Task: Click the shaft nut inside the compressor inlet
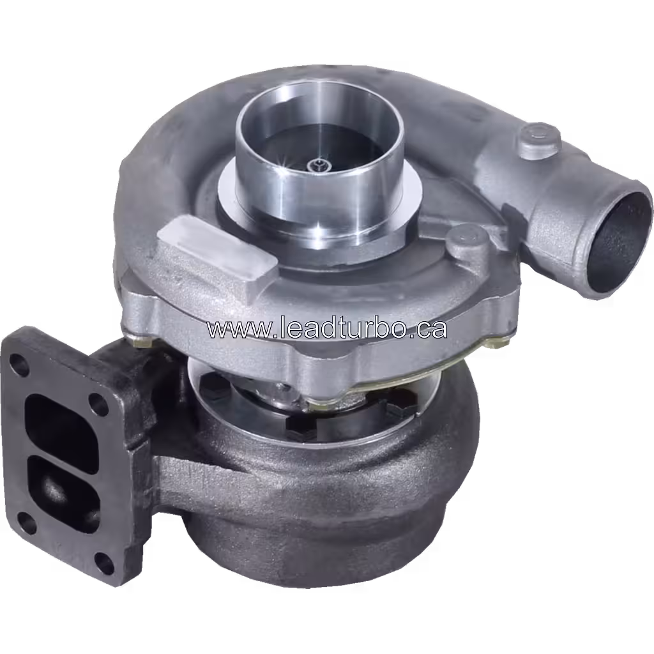(317, 166)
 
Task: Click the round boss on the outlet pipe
(538, 137)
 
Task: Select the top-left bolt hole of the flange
(19, 365)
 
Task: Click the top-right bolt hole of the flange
(99, 403)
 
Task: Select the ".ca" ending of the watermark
(428, 330)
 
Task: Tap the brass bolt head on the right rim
(495, 344)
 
